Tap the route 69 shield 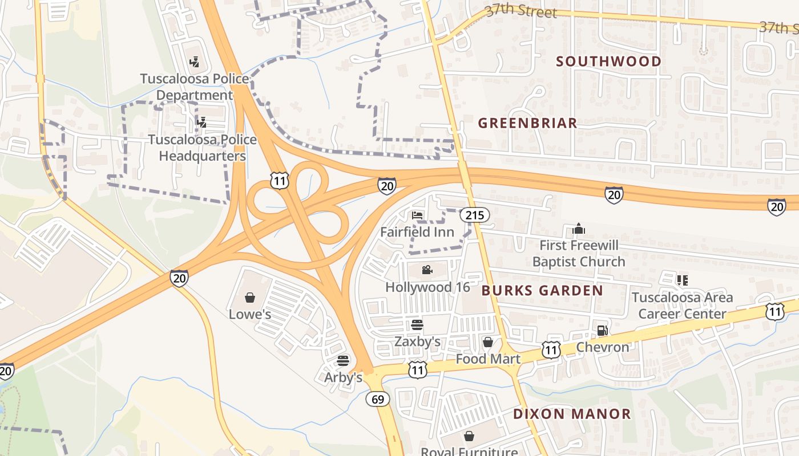coord(378,399)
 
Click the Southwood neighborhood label coord(609,62)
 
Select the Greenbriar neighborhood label coord(527,123)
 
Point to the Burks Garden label coord(542,291)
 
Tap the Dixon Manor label coord(572,414)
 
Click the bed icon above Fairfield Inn coord(417,215)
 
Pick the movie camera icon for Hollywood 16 coord(427,270)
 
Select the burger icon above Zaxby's coord(417,325)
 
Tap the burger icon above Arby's coord(343,360)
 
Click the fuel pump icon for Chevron coord(602,330)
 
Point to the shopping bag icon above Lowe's coord(250,297)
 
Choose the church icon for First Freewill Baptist coord(579,229)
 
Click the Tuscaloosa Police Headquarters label coord(202,148)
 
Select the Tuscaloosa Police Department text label coord(195,87)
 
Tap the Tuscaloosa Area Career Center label coord(682,306)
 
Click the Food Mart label coord(488,359)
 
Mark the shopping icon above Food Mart coord(488,342)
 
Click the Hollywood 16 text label coord(427,287)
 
